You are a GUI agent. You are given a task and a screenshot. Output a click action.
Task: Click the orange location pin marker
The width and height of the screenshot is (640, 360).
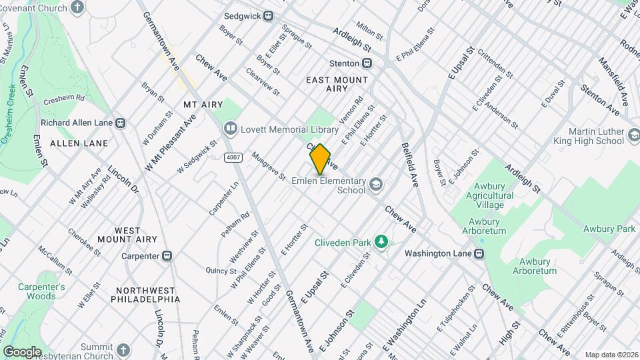[320, 159]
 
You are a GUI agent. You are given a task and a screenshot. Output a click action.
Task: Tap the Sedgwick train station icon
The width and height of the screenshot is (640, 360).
[268, 16]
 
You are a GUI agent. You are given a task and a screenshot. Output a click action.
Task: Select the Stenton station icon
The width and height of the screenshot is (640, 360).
[367, 63]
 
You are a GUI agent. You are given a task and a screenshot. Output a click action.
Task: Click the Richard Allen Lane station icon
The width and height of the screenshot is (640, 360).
[121, 123]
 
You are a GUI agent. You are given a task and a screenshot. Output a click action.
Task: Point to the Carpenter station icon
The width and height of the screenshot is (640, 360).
[167, 256]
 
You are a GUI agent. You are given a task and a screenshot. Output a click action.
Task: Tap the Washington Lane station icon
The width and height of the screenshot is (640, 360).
[479, 254]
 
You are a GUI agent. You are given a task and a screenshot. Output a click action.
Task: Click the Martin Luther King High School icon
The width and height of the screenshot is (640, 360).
[633, 137]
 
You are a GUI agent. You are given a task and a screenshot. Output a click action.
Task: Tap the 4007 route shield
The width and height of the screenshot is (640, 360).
[233, 157]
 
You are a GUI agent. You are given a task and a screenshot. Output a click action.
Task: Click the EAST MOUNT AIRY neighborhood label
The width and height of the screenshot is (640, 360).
[337, 84]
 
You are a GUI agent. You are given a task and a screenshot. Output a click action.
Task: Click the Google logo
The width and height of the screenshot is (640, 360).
[22, 352]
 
